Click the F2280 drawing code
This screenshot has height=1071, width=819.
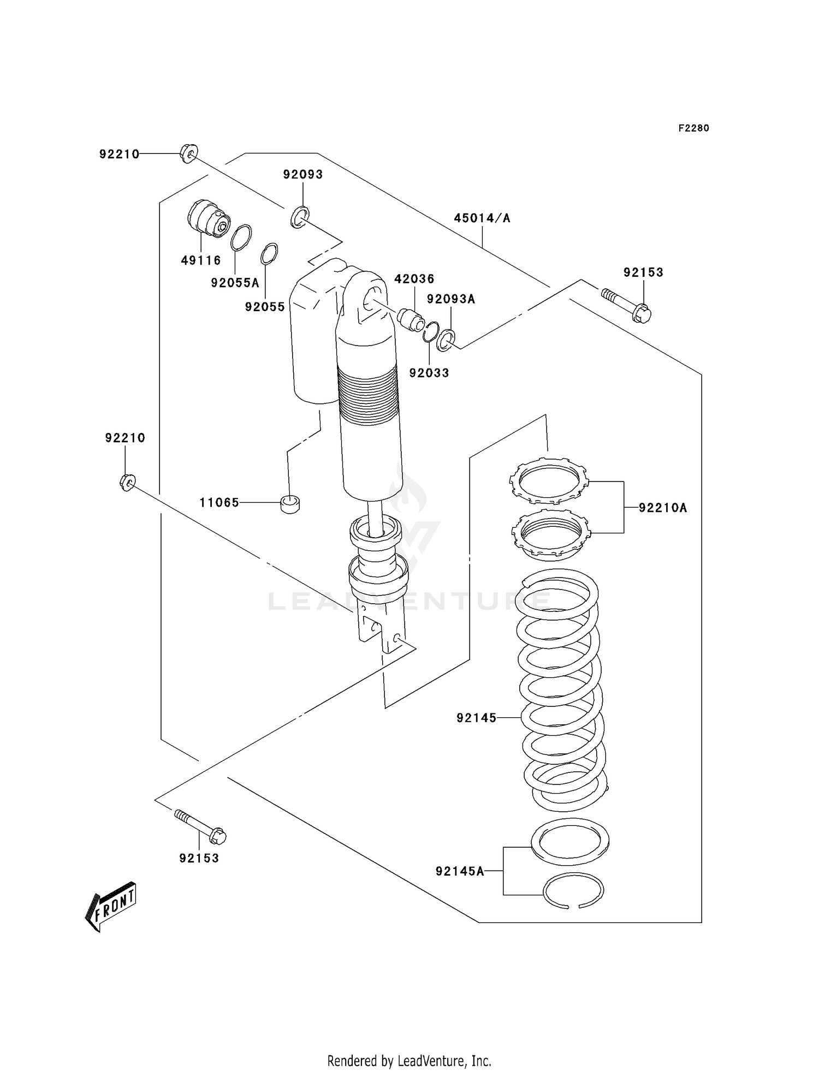click(x=693, y=128)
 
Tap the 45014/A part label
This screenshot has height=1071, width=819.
click(x=482, y=218)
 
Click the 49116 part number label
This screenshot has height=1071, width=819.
click(x=201, y=260)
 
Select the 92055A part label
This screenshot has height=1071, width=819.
click(x=235, y=283)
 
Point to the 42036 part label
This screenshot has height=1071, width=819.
click(x=414, y=279)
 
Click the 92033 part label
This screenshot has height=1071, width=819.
click(x=429, y=373)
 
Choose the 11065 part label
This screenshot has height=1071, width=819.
click(x=219, y=502)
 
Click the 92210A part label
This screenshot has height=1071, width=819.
click(x=662, y=508)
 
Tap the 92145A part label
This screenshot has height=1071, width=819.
click(x=460, y=871)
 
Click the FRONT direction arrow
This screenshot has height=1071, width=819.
click(x=111, y=906)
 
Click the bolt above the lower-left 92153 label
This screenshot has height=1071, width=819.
click(x=200, y=826)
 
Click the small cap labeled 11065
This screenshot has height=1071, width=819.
click(x=290, y=504)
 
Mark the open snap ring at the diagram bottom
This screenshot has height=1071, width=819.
click(x=573, y=890)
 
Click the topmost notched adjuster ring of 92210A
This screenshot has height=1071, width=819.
click(x=549, y=481)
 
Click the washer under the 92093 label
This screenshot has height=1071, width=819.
click(x=300, y=217)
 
